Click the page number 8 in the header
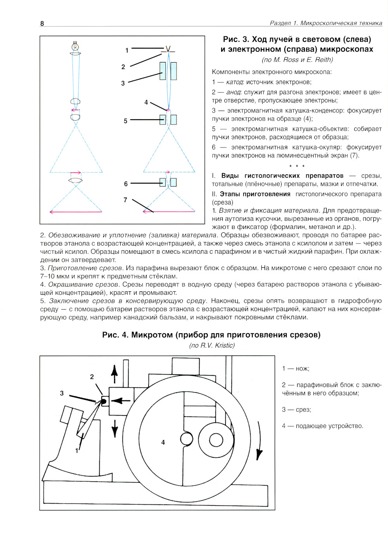(42, 23)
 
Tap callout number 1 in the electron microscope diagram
(127, 50)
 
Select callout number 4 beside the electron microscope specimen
(146, 102)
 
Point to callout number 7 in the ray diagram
(125, 200)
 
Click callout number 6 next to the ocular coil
(126, 184)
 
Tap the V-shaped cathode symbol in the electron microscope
(168, 49)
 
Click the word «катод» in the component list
(234, 82)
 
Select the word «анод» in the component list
(234, 92)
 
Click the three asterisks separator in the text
(297, 166)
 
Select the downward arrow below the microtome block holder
(114, 427)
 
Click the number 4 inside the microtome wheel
(163, 442)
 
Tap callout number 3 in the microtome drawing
(62, 393)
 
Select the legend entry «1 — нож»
(296, 369)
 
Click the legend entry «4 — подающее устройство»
(322, 426)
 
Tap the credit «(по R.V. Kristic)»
(212, 345)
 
